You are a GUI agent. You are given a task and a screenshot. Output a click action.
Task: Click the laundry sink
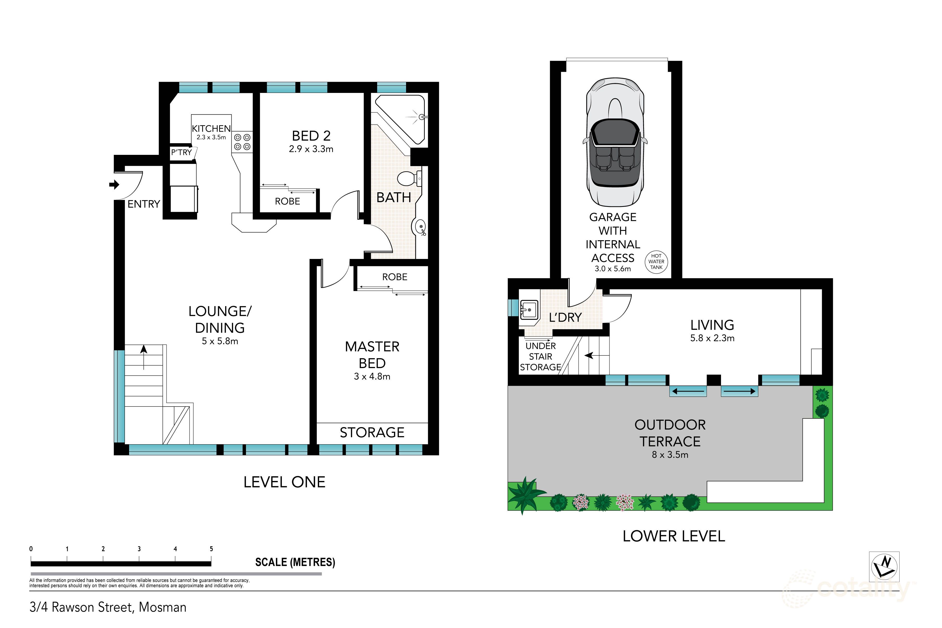(x=529, y=310)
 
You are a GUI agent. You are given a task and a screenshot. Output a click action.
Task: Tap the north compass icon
(x=884, y=566)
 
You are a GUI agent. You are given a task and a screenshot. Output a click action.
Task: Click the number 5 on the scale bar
(x=211, y=549)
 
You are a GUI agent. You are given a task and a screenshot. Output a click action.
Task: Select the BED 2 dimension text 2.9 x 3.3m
(x=311, y=149)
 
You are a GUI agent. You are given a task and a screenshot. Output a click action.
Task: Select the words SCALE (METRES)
(x=295, y=562)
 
